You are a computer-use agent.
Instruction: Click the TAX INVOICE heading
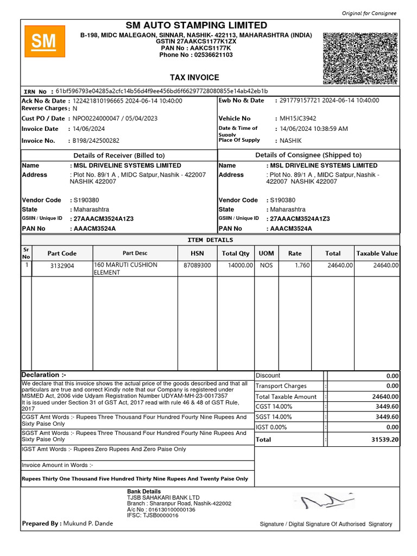click(x=195, y=78)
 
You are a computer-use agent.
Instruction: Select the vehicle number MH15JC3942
click(x=298, y=118)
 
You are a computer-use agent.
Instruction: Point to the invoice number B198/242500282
click(x=96, y=141)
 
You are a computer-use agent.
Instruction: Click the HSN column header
click(x=197, y=253)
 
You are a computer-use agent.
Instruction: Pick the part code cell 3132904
click(x=62, y=266)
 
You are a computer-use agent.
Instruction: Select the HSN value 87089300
click(x=197, y=266)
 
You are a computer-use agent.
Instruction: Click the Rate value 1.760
click(x=302, y=266)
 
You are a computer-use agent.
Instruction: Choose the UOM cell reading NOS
click(x=266, y=266)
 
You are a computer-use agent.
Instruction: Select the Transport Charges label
click(x=281, y=386)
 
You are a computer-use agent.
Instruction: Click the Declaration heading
click(x=44, y=375)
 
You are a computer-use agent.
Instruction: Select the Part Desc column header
click(x=135, y=253)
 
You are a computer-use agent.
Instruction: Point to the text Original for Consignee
click(x=369, y=13)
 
